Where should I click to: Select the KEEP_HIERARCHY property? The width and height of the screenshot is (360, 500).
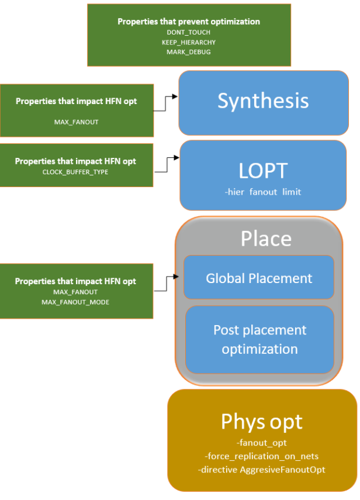[x=189, y=43]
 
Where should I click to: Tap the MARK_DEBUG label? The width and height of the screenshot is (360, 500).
[x=189, y=52]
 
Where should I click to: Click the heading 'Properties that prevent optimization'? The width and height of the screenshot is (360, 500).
[x=189, y=22]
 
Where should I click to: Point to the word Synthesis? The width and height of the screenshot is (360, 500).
[x=263, y=101]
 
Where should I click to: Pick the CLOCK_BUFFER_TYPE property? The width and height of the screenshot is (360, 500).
[x=75, y=173]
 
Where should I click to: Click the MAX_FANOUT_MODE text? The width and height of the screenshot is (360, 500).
[x=75, y=302]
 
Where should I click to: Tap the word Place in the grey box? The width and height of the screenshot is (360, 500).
[x=266, y=239]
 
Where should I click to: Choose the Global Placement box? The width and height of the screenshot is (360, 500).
[x=259, y=278]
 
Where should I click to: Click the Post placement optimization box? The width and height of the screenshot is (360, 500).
[x=259, y=340]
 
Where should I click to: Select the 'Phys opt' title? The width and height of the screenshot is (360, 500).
[x=262, y=421]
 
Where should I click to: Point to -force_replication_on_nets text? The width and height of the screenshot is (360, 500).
[x=262, y=456]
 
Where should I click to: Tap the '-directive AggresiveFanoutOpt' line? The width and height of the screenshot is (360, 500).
[x=262, y=469]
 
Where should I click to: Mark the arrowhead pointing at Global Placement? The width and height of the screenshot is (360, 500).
[x=179, y=275]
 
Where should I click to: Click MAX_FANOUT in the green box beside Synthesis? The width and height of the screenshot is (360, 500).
[x=75, y=123]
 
